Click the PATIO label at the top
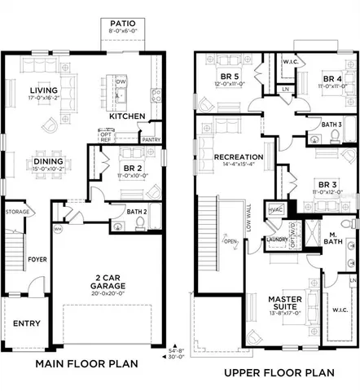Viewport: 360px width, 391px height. pyautogui.click(x=120, y=24)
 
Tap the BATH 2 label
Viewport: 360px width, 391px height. pyautogui.click(x=138, y=211)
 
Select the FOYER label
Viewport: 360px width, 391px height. pyautogui.click(x=39, y=240)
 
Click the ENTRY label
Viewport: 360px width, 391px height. pyautogui.click(x=26, y=323)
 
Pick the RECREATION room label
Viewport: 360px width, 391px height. pyautogui.click(x=238, y=156)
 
